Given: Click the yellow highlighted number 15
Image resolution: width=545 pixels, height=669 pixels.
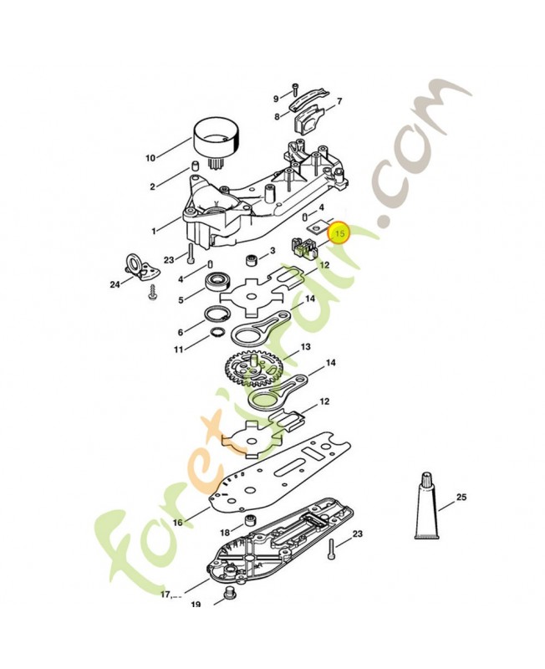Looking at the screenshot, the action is pyautogui.click(x=340, y=233).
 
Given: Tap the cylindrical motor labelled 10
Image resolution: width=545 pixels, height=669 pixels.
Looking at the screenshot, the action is pyautogui.click(x=217, y=141).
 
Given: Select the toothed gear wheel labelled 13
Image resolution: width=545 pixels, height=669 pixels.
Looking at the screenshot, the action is pyautogui.click(x=252, y=368).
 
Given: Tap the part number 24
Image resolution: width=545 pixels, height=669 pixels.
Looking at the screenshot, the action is pyautogui.click(x=115, y=284).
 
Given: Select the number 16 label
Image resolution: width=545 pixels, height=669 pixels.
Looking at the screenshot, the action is pyautogui.click(x=177, y=522).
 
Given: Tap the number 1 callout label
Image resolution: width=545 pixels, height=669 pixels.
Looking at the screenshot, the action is pyautogui.click(x=154, y=232).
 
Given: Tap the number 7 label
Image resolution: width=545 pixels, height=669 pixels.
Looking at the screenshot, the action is pyautogui.click(x=339, y=101).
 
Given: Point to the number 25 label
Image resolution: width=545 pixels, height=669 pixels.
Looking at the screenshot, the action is pyautogui.click(x=461, y=497).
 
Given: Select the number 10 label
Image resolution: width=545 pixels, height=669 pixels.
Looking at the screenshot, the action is pyautogui.click(x=150, y=158).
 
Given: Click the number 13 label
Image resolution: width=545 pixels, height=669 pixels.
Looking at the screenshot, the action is pyautogui.click(x=306, y=347).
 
